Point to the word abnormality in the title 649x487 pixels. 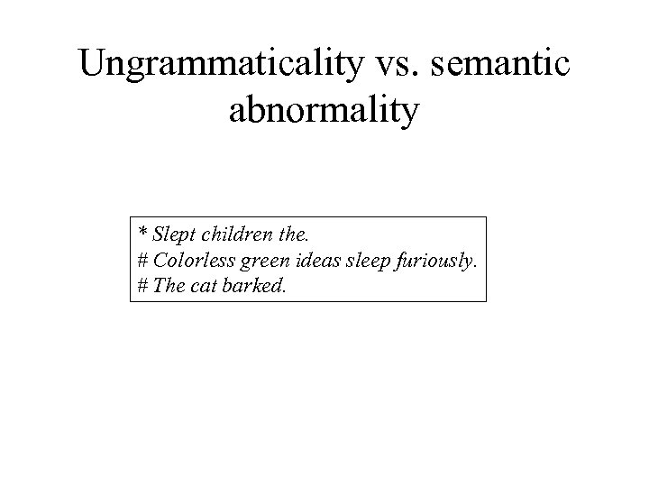[x=324, y=113]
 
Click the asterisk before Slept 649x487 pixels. [x=142, y=235]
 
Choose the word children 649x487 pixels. [x=237, y=236]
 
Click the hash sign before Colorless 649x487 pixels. [x=143, y=262]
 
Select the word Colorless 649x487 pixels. [x=192, y=262]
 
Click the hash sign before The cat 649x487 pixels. [x=143, y=286]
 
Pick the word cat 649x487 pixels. [x=206, y=286]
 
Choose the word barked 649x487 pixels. [x=251, y=286]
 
